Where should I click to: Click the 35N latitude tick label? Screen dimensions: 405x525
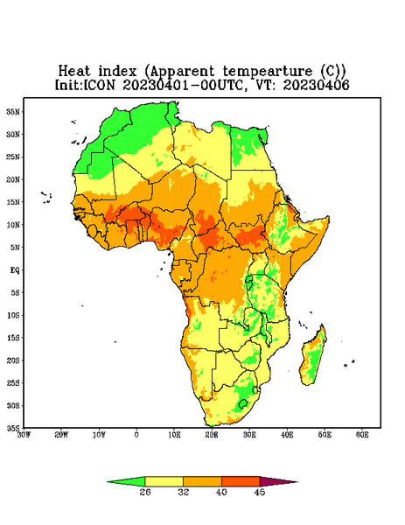point(13,112)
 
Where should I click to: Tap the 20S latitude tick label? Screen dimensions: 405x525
point(13,360)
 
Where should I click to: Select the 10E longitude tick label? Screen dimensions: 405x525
point(174,435)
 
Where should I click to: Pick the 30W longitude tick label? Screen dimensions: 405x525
point(24,435)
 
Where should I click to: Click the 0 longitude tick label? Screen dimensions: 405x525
point(136,435)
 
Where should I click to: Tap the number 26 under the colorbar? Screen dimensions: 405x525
point(145,492)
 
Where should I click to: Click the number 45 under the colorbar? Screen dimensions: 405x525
point(260,492)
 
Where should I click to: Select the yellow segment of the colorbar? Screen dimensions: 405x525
point(164,481)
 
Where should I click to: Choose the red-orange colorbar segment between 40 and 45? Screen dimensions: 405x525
point(241,481)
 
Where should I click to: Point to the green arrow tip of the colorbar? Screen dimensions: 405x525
point(108,482)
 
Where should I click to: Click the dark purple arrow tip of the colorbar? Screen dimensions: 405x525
point(297,482)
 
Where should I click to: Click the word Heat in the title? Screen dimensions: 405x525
point(74,72)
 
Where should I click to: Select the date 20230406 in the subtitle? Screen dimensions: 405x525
point(316,85)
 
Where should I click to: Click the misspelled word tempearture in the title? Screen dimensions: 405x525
point(268,72)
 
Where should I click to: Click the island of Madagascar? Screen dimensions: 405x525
point(313,358)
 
